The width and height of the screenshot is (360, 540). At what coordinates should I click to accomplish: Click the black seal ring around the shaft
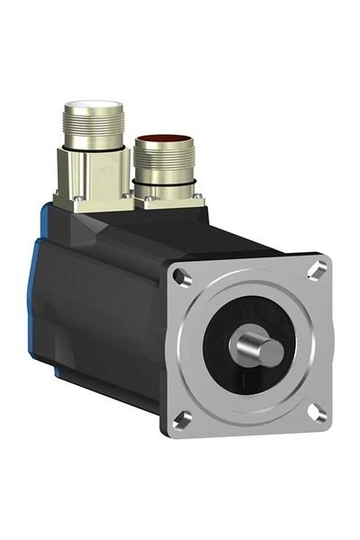(227, 360)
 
